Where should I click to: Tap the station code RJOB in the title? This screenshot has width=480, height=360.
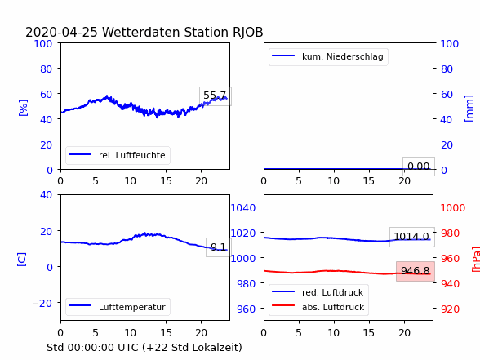[x=247, y=33]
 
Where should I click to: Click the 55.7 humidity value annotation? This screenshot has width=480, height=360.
[x=215, y=96]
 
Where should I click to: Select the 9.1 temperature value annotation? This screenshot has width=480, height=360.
[x=218, y=247]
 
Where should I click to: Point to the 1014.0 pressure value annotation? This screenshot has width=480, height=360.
[x=411, y=237]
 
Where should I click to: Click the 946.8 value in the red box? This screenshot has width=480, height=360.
[x=415, y=271]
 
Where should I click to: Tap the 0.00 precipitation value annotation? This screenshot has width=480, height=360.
[x=419, y=167]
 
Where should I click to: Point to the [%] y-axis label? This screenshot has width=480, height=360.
[x=23, y=108]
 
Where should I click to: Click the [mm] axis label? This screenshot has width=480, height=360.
[x=469, y=109]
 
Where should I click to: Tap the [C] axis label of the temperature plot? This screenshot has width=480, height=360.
[x=21, y=260]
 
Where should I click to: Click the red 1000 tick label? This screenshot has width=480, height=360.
[x=453, y=208]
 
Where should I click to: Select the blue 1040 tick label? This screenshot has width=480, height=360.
[x=243, y=208]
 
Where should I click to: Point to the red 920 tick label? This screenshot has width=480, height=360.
[x=450, y=309]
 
